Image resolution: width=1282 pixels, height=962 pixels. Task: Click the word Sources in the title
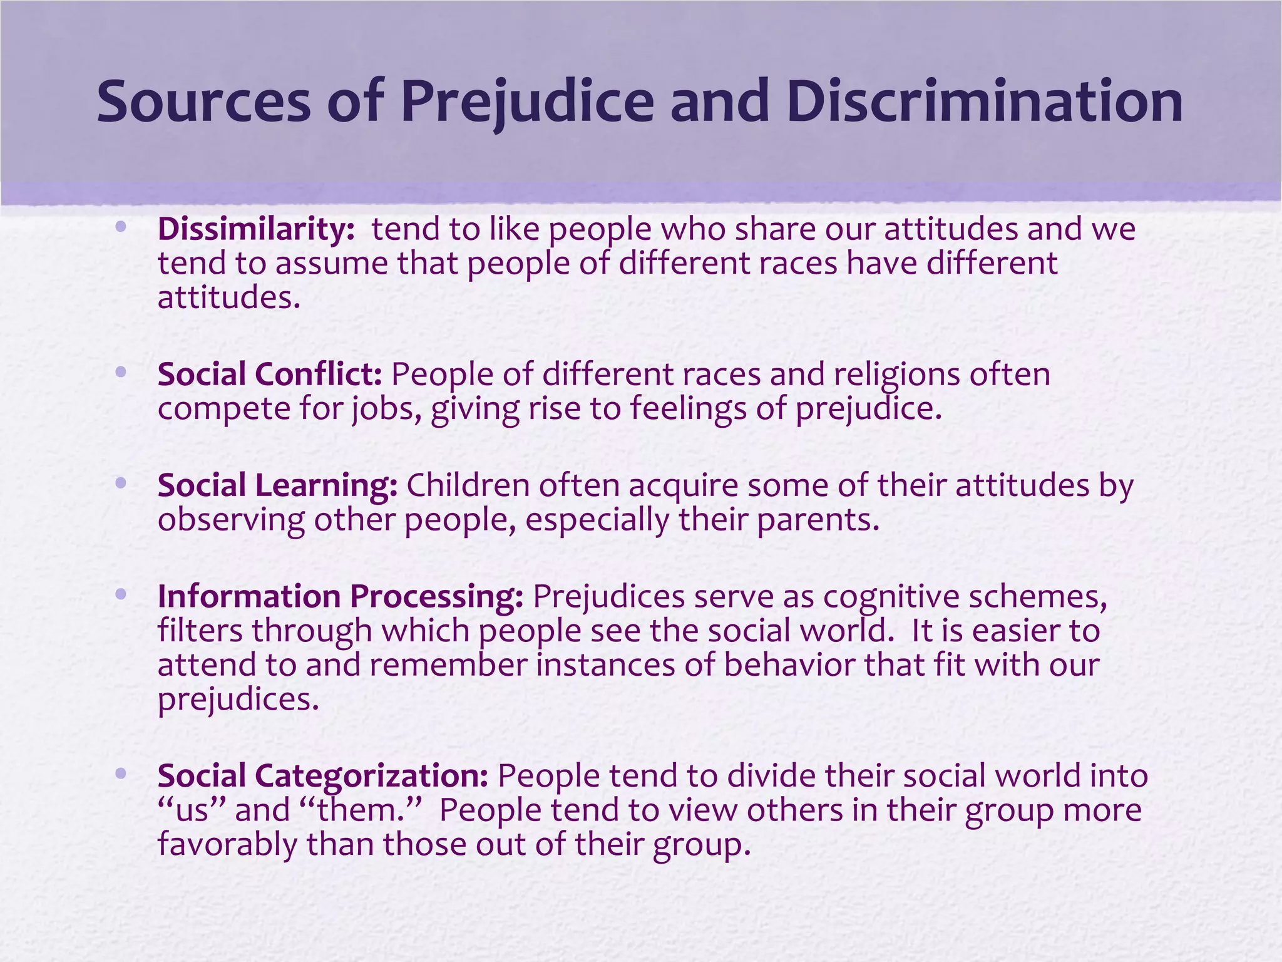tap(203, 101)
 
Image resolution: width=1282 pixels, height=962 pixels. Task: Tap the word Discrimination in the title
tap(985, 101)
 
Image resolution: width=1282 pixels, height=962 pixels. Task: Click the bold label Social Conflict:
tap(270, 375)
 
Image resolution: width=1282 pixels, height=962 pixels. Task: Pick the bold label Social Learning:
tap(277, 485)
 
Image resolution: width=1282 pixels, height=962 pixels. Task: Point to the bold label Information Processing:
tap(341, 596)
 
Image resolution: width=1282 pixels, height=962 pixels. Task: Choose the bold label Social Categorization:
tap(323, 775)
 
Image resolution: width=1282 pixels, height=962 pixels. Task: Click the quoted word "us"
tap(192, 810)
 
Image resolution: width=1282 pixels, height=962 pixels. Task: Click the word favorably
tap(227, 844)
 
